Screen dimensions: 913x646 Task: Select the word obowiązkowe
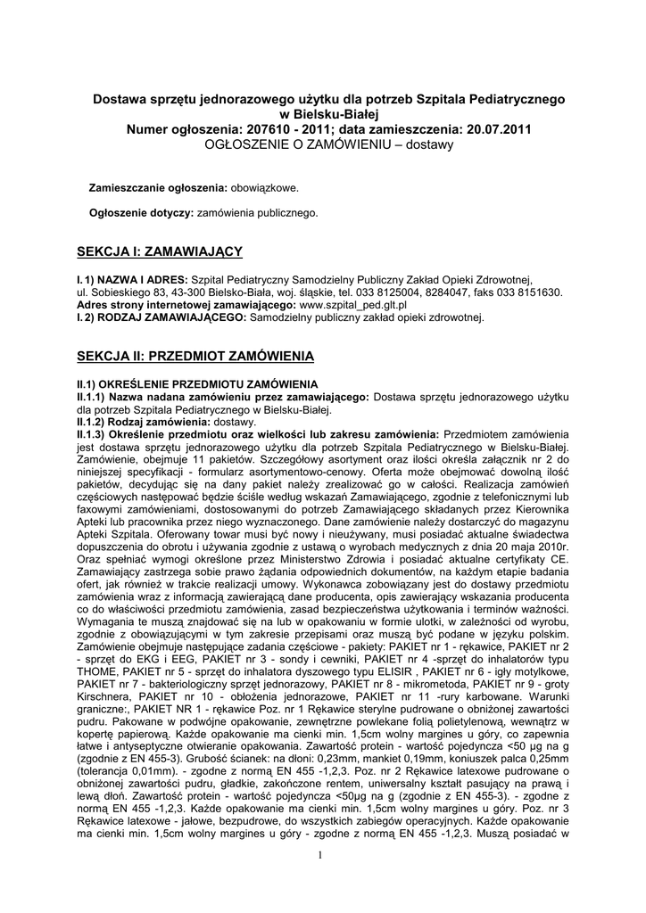tap(265, 188)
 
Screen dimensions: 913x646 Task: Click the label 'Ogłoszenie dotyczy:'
tap(142, 213)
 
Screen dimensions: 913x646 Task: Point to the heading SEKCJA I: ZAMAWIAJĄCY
tap(160, 252)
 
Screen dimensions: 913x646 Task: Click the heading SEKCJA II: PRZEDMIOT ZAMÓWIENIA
tap(195, 356)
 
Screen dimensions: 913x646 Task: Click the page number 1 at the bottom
tap(319, 857)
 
